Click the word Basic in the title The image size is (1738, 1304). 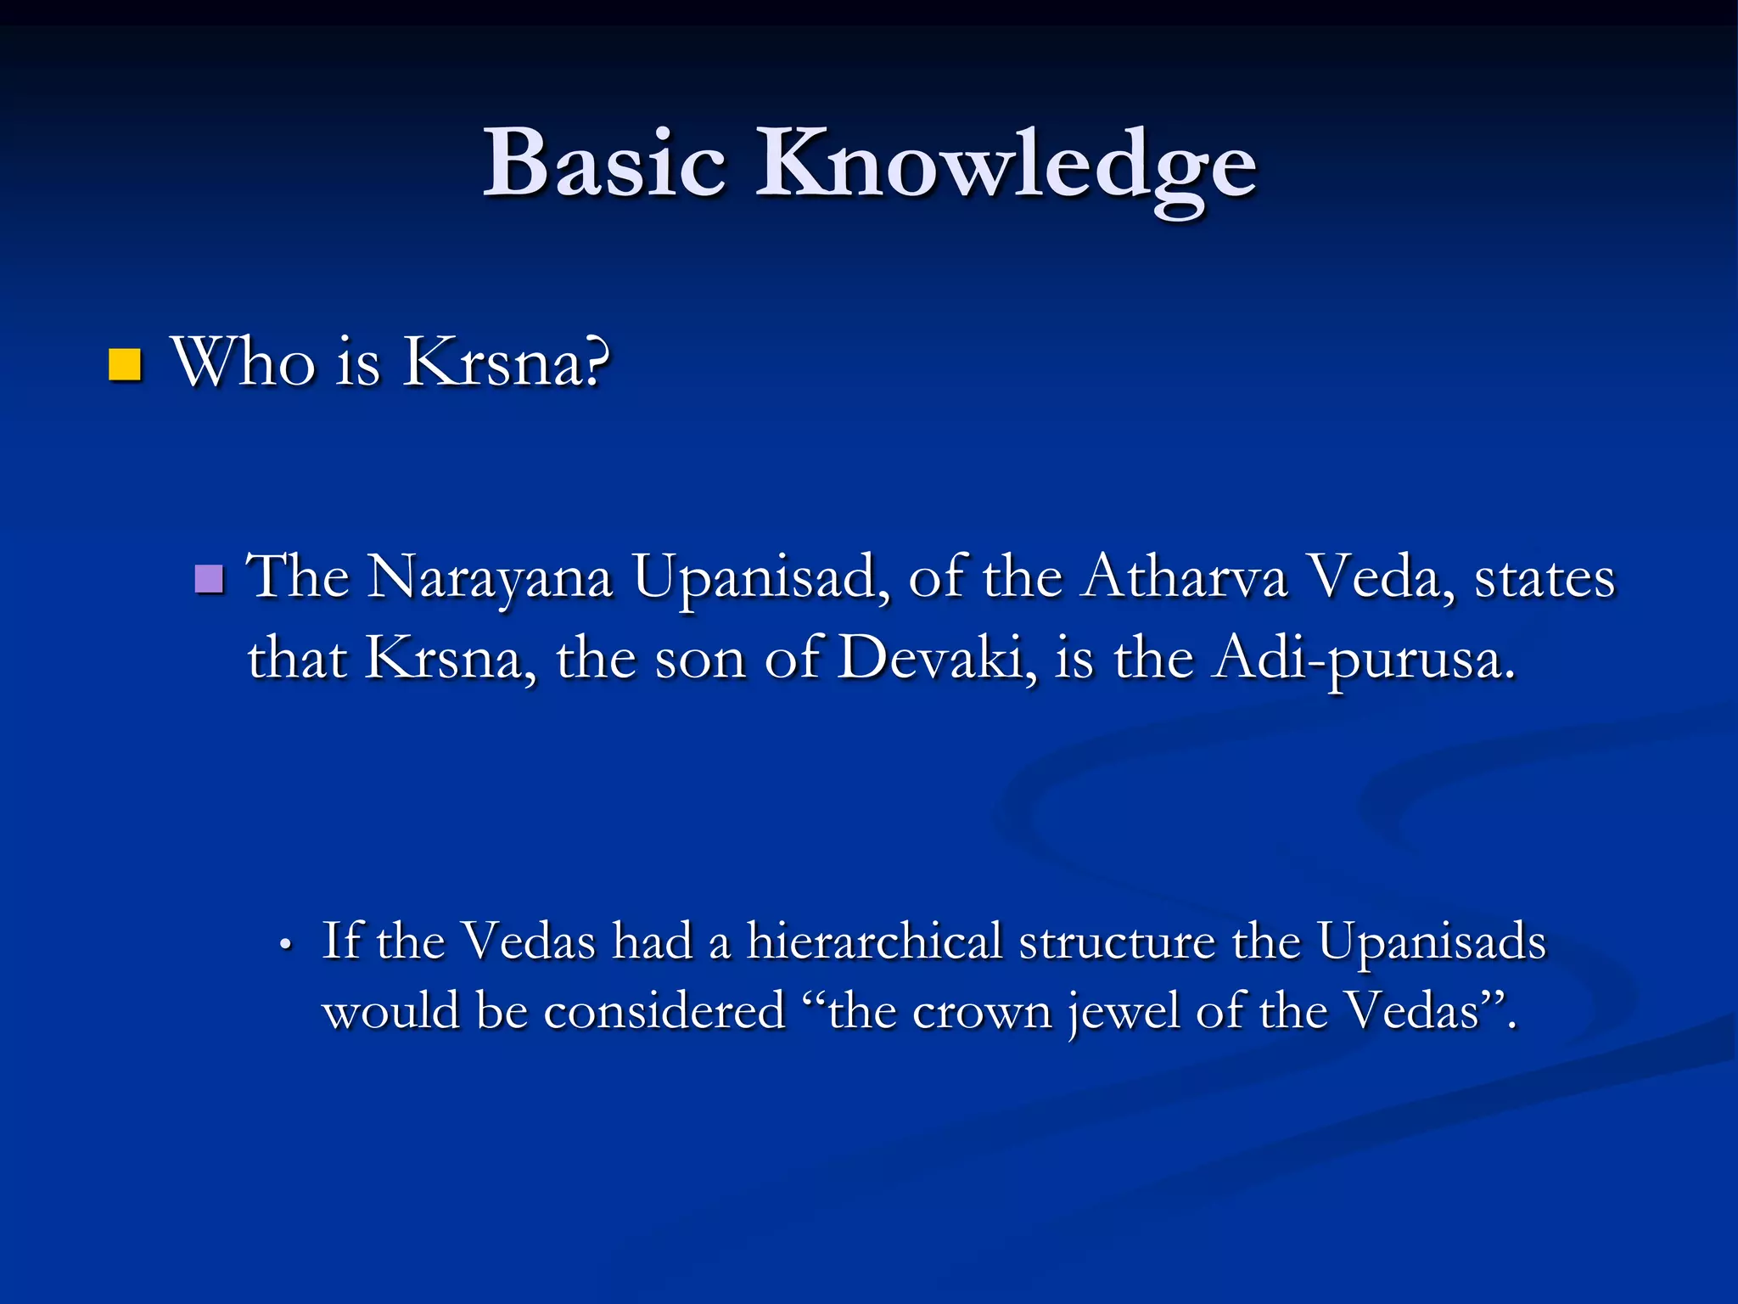pyautogui.click(x=604, y=163)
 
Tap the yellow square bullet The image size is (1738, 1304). pyautogui.click(x=125, y=365)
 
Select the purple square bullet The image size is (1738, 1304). pyautogui.click(x=209, y=580)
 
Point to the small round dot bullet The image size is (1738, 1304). pyautogui.click(x=286, y=945)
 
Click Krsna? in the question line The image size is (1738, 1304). pyautogui.click(x=506, y=363)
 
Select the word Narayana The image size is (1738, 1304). pyautogui.click(x=490, y=578)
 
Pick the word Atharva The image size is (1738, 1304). pyautogui.click(x=1184, y=578)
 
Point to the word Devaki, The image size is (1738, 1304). pyautogui.click(x=937, y=659)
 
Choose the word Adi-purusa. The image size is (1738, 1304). pyautogui.click(x=1363, y=659)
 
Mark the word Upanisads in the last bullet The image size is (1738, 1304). pyautogui.click(x=1432, y=941)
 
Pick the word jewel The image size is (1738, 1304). pyautogui.click(x=1124, y=1012)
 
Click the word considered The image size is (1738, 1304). pyautogui.click(x=664, y=1012)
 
